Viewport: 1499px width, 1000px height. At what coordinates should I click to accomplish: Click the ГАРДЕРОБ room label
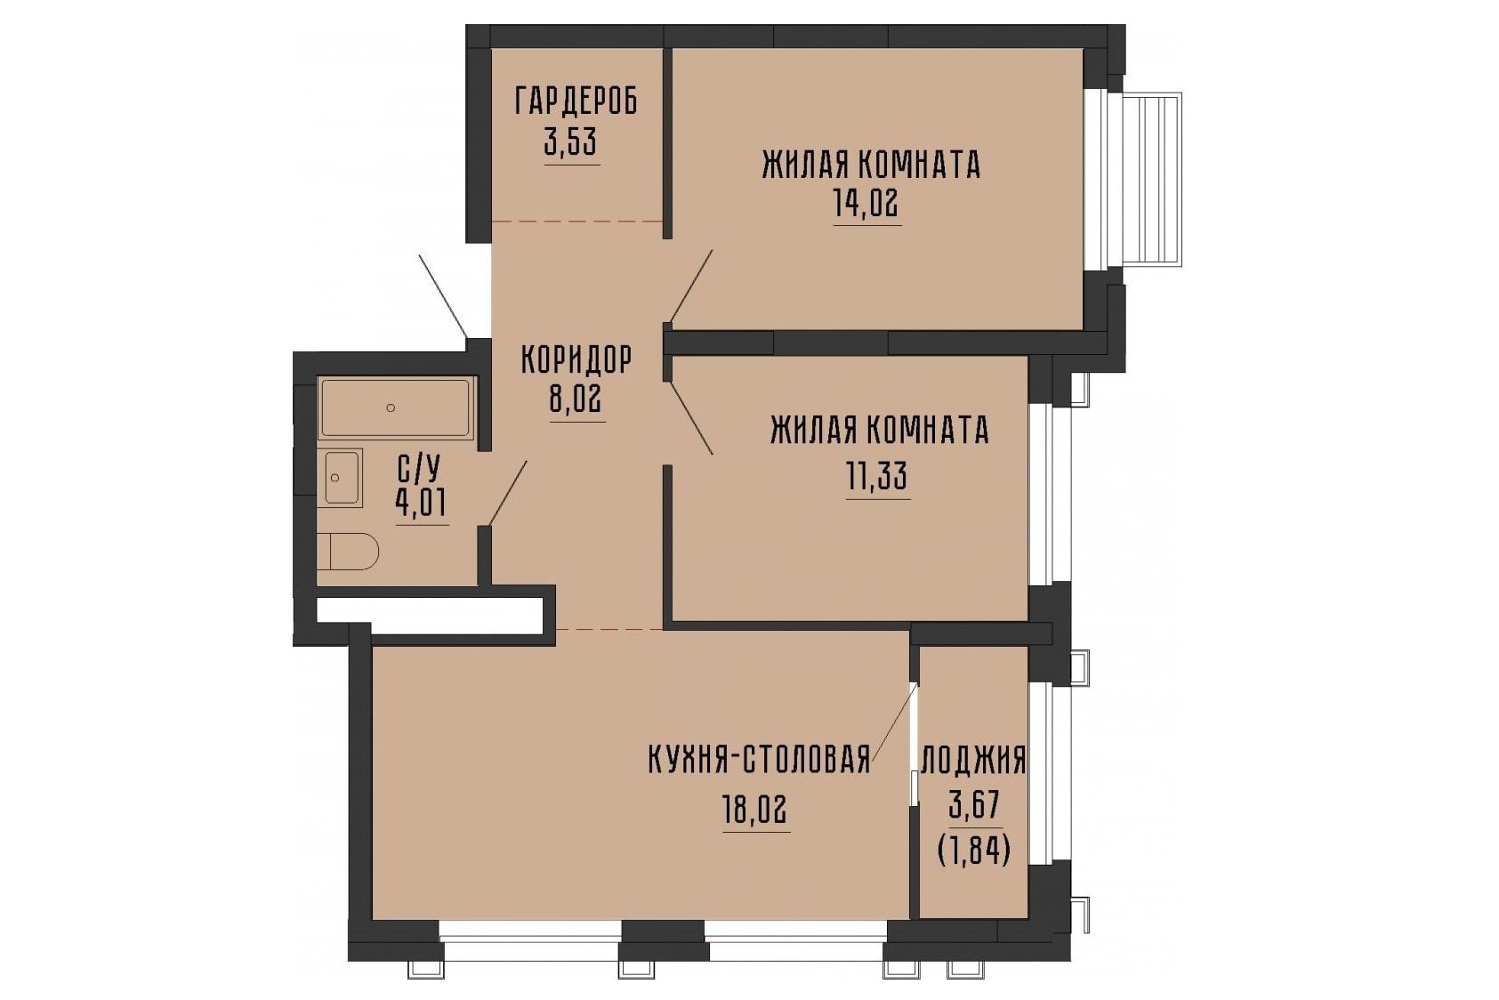pyautogui.click(x=576, y=101)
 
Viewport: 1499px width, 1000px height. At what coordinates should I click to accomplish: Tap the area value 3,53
pyautogui.click(x=571, y=141)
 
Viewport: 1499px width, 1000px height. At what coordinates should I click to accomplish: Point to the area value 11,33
pyautogui.click(x=877, y=477)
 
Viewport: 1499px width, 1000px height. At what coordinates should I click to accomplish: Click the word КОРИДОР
pyautogui.click(x=576, y=360)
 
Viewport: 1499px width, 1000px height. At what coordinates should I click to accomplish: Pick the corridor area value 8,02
pyautogui.click(x=576, y=399)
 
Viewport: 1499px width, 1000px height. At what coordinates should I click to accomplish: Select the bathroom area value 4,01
pyautogui.click(x=422, y=504)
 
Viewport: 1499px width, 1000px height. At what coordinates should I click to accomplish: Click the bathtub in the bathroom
pyautogui.click(x=396, y=409)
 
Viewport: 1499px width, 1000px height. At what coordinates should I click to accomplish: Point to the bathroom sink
pyautogui.click(x=343, y=478)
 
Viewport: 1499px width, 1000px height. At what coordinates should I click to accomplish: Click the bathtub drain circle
pyautogui.click(x=391, y=407)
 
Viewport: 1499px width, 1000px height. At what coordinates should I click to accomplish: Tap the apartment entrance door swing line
pyautogui.click(x=443, y=296)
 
